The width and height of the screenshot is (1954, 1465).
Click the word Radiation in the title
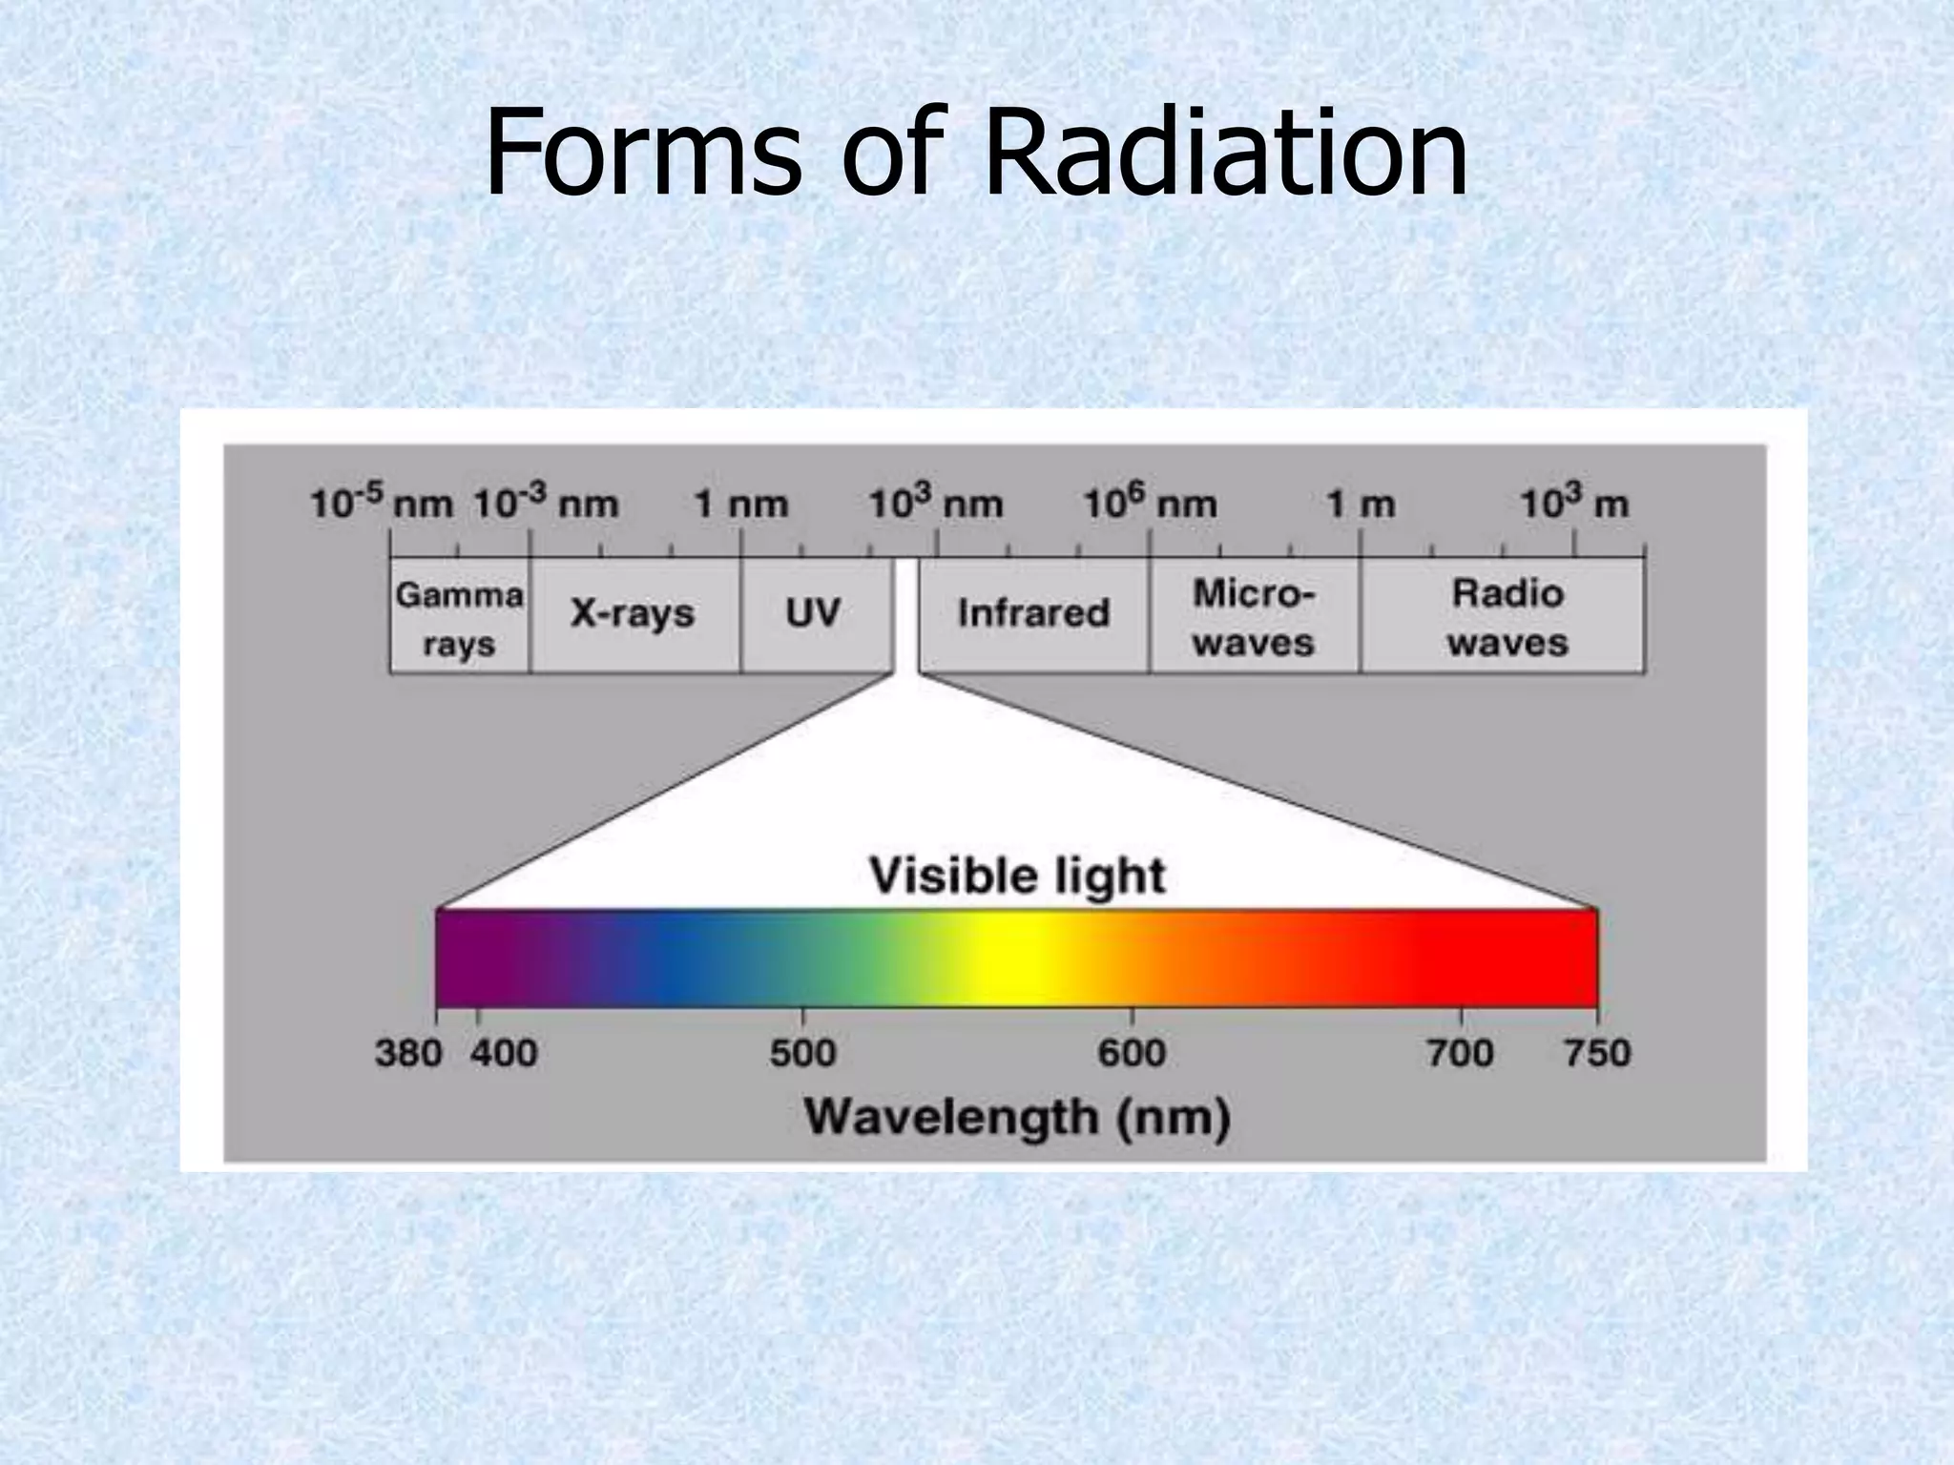(1225, 153)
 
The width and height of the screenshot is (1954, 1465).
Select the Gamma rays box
(459, 617)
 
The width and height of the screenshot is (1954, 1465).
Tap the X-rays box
(634, 613)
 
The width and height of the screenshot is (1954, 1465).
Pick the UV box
(813, 613)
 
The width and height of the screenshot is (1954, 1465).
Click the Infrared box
(1033, 613)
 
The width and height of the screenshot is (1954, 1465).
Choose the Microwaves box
(1253, 617)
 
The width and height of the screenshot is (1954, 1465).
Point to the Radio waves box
(1507, 617)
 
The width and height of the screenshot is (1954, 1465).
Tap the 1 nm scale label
(740, 504)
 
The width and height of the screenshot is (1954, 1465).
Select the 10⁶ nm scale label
(1150, 503)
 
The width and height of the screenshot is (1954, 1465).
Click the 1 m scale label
(1361, 504)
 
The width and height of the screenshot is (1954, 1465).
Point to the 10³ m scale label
(1573, 503)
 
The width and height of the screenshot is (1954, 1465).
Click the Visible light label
(1017, 876)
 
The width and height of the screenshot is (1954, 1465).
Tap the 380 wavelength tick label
(408, 1054)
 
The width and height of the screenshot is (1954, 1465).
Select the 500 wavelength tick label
(802, 1054)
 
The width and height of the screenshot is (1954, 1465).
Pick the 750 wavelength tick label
(1597, 1054)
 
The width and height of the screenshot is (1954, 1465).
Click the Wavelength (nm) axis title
(1017, 1117)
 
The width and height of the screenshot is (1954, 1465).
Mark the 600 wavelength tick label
(1132, 1054)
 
